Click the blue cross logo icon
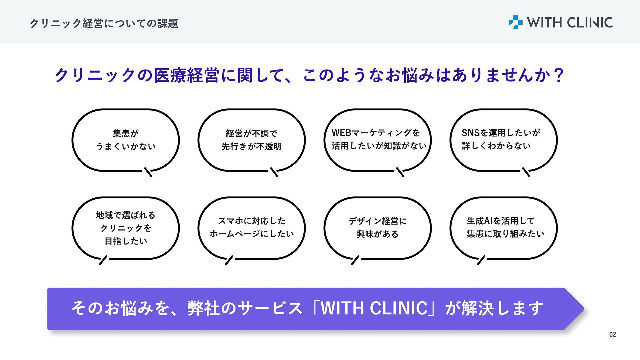click(x=515, y=22)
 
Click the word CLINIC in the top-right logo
click(x=590, y=23)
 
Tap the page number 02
click(x=613, y=334)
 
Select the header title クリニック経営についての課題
click(x=104, y=23)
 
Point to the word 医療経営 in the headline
click(x=186, y=75)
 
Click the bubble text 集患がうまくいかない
click(x=126, y=140)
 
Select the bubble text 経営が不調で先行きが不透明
click(x=252, y=140)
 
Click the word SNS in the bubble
click(x=470, y=133)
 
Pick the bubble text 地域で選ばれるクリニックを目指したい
click(x=126, y=228)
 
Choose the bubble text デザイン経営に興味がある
click(x=378, y=227)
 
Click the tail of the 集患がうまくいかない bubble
click(x=148, y=172)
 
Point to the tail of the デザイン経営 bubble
click(x=355, y=260)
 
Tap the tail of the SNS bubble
click(x=526, y=172)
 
